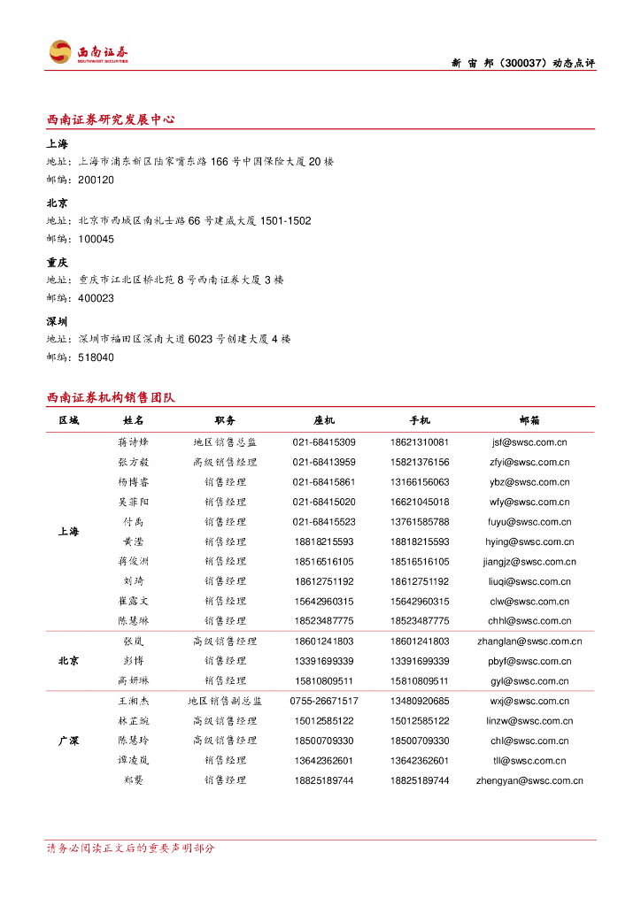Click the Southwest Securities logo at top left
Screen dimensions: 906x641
coord(89,52)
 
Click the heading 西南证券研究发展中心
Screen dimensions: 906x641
coord(111,119)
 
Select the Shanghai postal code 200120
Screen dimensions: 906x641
coord(96,180)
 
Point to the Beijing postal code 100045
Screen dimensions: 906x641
coord(96,239)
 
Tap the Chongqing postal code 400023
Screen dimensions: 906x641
coord(96,298)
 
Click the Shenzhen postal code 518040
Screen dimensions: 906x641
coord(96,357)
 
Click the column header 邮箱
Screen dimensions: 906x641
coord(529,420)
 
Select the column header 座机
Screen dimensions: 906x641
coord(324,420)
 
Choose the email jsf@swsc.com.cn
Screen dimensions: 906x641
coord(529,442)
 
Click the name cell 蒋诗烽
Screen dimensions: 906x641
coord(134,442)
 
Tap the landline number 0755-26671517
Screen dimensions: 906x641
coord(324,701)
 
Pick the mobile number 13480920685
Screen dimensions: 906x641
coord(419,701)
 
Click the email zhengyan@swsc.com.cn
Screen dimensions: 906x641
coord(529,780)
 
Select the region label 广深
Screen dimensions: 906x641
coord(68,741)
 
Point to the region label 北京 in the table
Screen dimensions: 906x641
coord(68,661)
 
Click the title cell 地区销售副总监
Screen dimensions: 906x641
coord(225,701)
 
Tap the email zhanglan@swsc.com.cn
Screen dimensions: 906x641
coord(529,641)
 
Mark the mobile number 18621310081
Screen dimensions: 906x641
coord(419,442)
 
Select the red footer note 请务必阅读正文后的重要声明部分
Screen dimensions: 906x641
coord(131,848)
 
